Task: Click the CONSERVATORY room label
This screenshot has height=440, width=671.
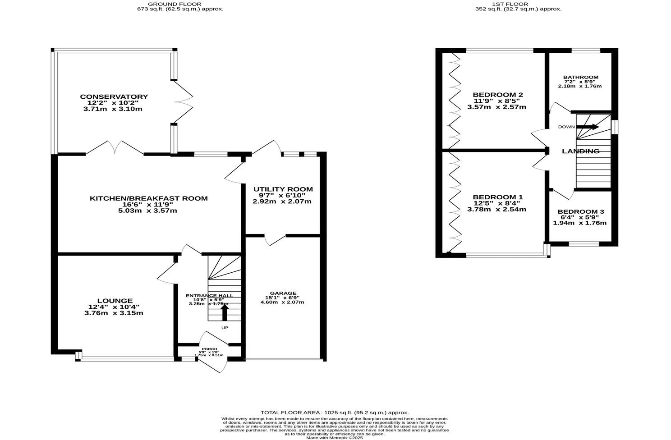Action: [114, 97]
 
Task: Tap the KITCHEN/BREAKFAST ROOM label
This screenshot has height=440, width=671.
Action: [149, 198]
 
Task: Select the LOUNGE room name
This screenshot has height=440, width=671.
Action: [115, 301]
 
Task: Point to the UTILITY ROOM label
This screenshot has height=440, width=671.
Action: [283, 189]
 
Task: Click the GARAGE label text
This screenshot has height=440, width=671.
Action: [283, 293]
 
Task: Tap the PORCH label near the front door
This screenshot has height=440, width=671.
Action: [209, 349]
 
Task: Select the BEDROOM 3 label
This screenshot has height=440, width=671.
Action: [580, 212]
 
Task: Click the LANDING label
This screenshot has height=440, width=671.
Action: [580, 151]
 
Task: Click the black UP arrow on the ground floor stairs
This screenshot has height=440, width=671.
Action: [224, 312]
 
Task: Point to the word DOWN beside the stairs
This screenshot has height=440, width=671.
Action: [566, 127]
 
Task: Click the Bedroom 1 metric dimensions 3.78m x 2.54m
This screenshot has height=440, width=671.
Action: [496, 209]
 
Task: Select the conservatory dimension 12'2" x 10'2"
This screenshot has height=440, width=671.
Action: [114, 103]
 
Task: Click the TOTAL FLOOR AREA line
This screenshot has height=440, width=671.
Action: [335, 412]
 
